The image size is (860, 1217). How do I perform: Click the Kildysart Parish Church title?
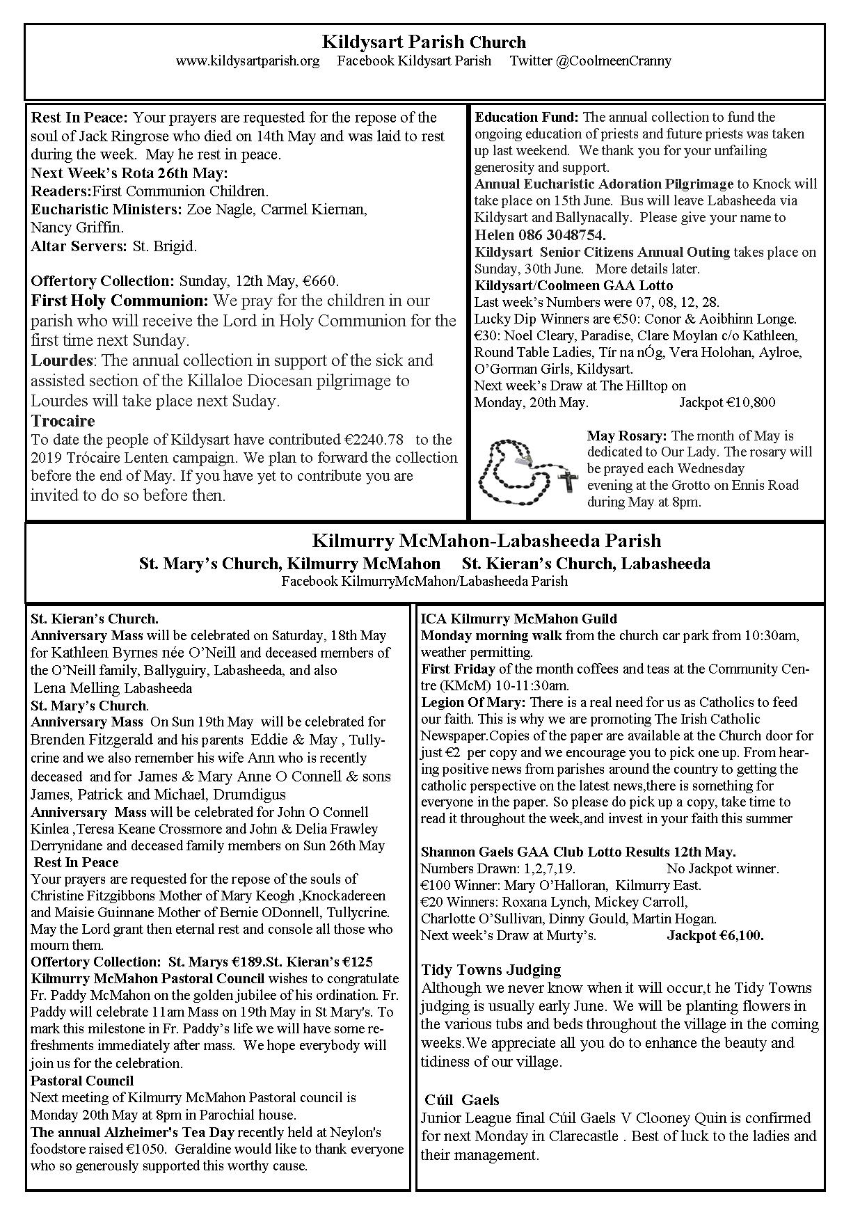424,42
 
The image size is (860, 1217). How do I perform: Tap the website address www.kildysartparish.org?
248,61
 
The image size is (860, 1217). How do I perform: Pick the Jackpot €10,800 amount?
727,403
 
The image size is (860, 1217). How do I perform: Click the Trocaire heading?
63,421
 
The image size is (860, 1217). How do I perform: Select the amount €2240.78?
374,440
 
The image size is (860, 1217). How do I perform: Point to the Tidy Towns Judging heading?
491,970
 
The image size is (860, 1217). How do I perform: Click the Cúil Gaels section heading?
462,1100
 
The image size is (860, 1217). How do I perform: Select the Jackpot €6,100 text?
715,936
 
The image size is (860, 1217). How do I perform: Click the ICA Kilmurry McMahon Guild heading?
518,619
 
